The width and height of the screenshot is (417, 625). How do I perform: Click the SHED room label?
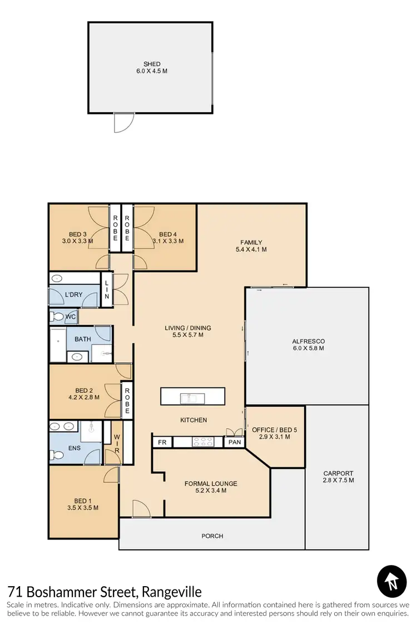152,64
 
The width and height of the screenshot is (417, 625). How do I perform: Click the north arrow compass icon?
392,581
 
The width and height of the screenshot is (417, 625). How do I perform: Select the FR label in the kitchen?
162,442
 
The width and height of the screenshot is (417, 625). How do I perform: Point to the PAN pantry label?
234,442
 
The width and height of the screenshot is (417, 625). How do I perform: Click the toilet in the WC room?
57,317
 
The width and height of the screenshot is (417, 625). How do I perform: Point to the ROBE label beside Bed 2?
127,400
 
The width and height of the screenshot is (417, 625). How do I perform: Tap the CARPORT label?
338,473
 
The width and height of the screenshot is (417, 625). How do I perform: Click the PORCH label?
212,536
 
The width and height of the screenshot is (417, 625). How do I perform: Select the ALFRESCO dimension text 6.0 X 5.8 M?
307,348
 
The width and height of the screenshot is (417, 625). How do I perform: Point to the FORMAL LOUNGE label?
211,483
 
